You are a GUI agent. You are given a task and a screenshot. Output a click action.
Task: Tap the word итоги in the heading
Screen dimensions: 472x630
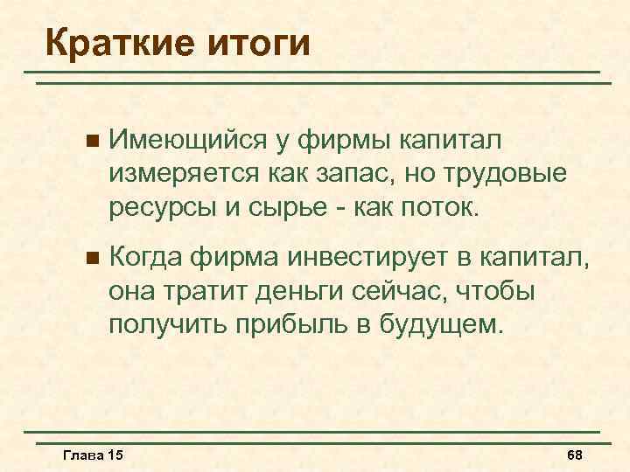pos(260,41)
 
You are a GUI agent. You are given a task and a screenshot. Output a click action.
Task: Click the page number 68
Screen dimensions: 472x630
pos(575,456)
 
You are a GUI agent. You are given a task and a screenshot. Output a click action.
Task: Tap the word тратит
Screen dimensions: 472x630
pos(207,292)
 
